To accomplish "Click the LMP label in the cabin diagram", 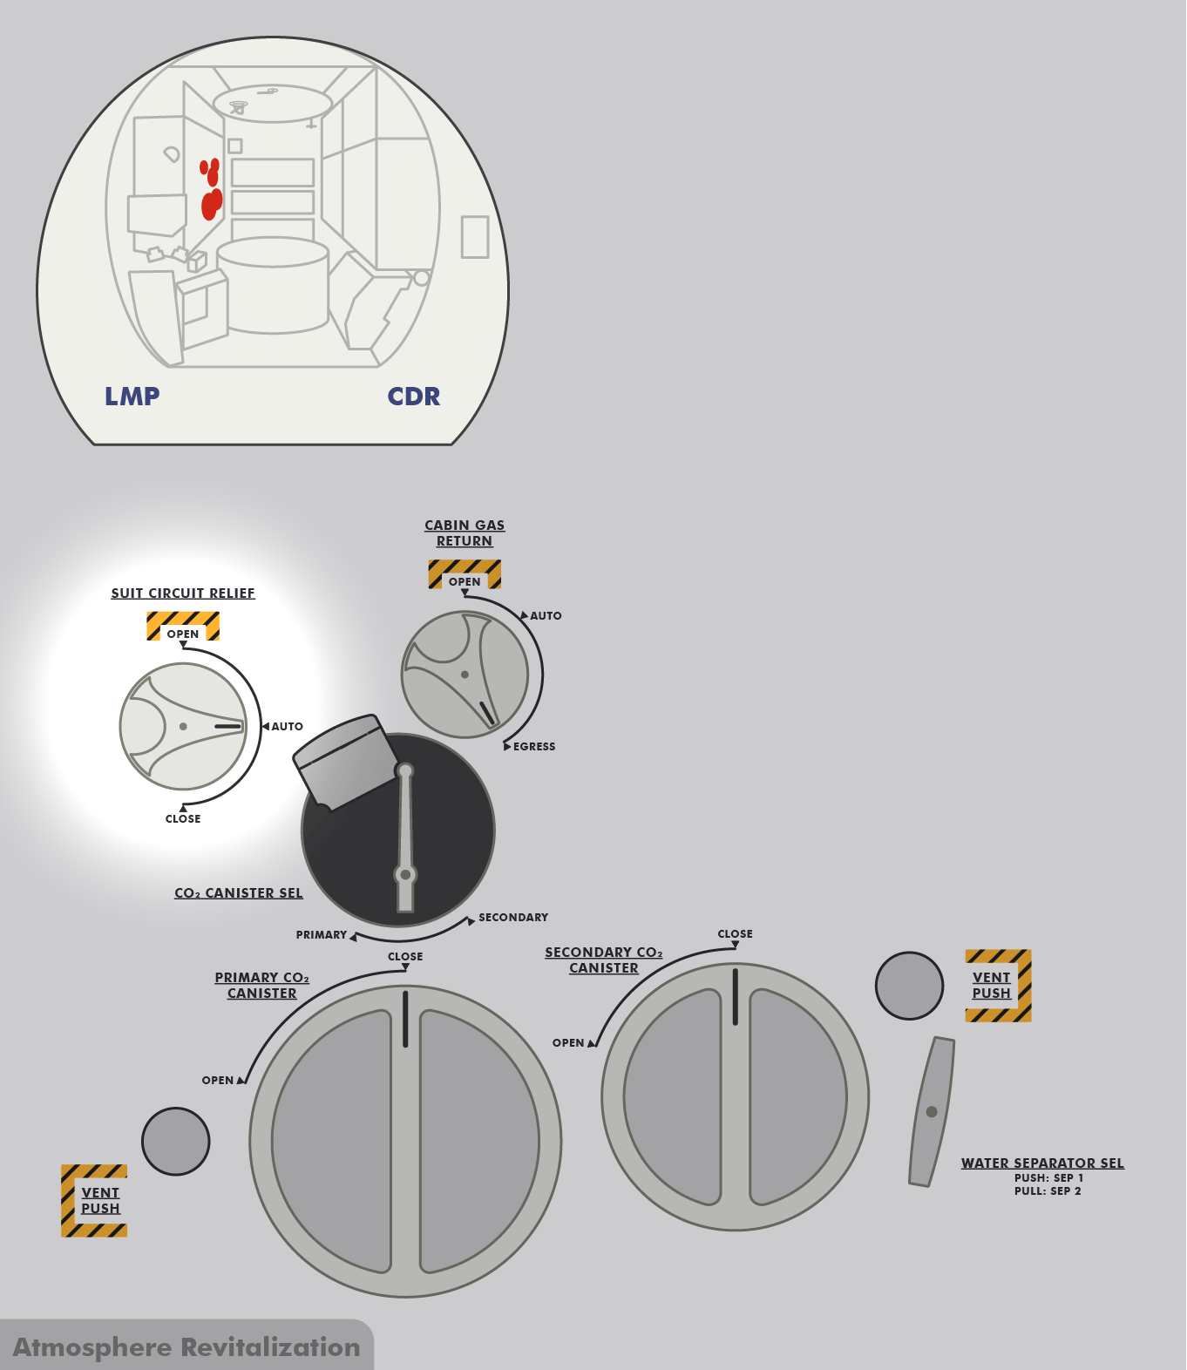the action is [x=132, y=397].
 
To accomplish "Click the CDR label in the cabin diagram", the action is [x=414, y=397].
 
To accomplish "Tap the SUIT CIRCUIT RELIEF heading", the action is [x=183, y=593].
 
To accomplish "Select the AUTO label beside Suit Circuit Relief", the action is [x=287, y=727].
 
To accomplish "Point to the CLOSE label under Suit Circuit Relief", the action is [x=183, y=818].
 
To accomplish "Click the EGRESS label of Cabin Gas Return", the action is [x=534, y=746].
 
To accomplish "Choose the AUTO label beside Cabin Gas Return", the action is [x=546, y=616].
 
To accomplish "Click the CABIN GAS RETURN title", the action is [x=465, y=532].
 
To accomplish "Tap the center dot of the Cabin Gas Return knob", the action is [x=465, y=675].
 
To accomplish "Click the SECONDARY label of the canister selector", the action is [x=513, y=918].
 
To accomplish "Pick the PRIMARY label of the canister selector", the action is [x=322, y=934].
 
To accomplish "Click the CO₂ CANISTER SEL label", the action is [x=239, y=893].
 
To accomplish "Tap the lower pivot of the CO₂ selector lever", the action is [x=405, y=875].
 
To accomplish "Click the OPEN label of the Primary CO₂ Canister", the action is [x=217, y=1081].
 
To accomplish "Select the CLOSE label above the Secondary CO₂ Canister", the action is [x=735, y=934].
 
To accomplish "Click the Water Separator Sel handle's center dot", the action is [x=931, y=1111].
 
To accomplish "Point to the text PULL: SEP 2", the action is [x=1048, y=1191].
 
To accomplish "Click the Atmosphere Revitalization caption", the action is [x=187, y=1347].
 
